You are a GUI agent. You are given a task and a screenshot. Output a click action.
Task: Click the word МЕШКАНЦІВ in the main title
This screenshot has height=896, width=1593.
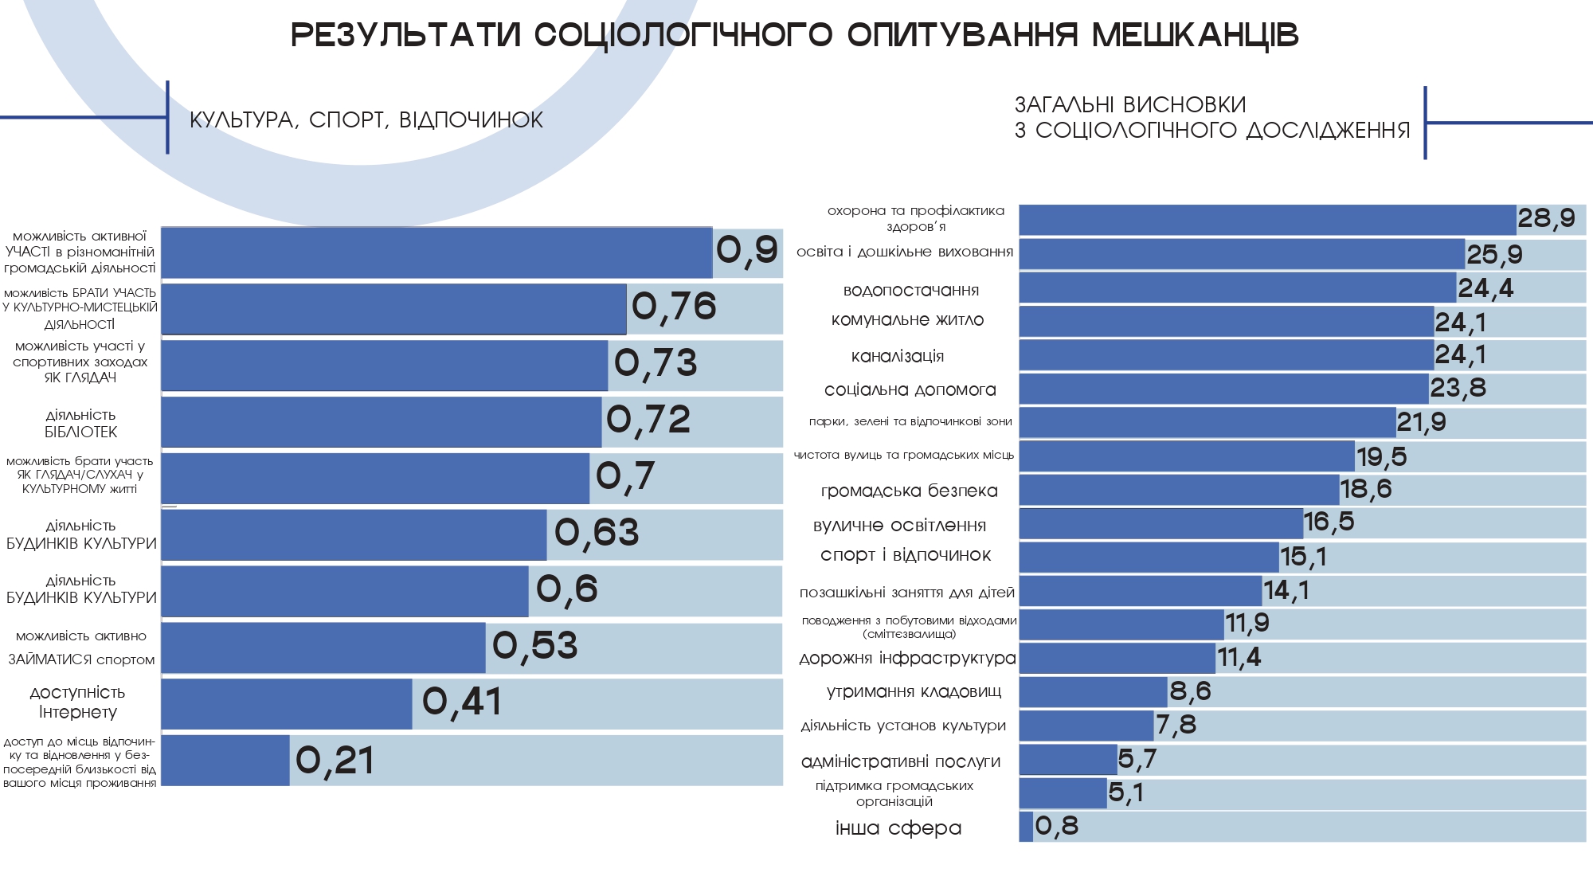[x=1195, y=36]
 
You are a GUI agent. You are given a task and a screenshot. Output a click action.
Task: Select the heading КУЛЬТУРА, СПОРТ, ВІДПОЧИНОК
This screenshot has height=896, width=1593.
[x=366, y=120]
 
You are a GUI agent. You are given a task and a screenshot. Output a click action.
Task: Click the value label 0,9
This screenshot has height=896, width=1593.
[x=746, y=250]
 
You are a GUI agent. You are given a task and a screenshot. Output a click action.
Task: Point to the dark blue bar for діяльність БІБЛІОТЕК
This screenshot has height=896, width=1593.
[x=382, y=421]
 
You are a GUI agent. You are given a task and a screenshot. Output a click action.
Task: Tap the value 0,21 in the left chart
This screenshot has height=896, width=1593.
[x=335, y=761]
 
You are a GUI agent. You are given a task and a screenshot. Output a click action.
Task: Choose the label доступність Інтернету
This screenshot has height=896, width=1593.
[x=78, y=702]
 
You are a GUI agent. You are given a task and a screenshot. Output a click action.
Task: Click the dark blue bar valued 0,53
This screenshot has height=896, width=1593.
[x=323, y=648]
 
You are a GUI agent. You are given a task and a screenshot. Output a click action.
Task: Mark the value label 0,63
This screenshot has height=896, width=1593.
[x=597, y=533]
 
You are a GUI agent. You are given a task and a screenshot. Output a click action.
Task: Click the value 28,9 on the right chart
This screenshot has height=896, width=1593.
[x=1546, y=218]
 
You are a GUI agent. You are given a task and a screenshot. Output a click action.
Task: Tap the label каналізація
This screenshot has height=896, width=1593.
[x=898, y=356]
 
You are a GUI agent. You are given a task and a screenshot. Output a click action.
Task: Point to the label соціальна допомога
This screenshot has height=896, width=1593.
[x=910, y=389]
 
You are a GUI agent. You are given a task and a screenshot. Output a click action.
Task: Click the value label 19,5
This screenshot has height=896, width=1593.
[x=1382, y=457]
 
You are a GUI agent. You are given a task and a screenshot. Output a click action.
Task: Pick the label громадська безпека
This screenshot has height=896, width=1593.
[x=909, y=491]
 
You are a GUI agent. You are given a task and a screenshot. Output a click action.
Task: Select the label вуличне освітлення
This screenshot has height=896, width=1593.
[x=899, y=526]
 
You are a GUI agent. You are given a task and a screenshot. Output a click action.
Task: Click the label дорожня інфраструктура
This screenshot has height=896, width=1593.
[x=907, y=659]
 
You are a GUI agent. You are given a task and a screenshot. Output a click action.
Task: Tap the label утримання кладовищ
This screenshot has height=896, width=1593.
[x=914, y=691]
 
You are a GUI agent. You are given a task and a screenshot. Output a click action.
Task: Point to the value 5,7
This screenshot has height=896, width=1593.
[x=1137, y=759]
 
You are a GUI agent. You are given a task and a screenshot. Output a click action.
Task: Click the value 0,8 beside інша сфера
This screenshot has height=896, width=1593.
[x=1056, y=827]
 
